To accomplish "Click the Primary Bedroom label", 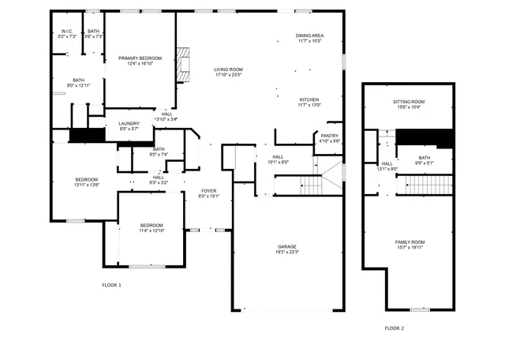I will (140, 58).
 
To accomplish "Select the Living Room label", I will (229, 69).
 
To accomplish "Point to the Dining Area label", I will (309, 36).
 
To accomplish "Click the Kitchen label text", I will (309, 99).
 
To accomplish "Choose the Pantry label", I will (330, 135).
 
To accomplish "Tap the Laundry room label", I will (129, 123).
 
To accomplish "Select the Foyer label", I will (208, 190).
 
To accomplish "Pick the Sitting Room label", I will (409, 102).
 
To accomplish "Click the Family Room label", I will (410, 242).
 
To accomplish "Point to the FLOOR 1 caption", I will (111, 284).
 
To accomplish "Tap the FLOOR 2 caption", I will (394, 328).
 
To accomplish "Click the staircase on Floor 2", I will (429, 185).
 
